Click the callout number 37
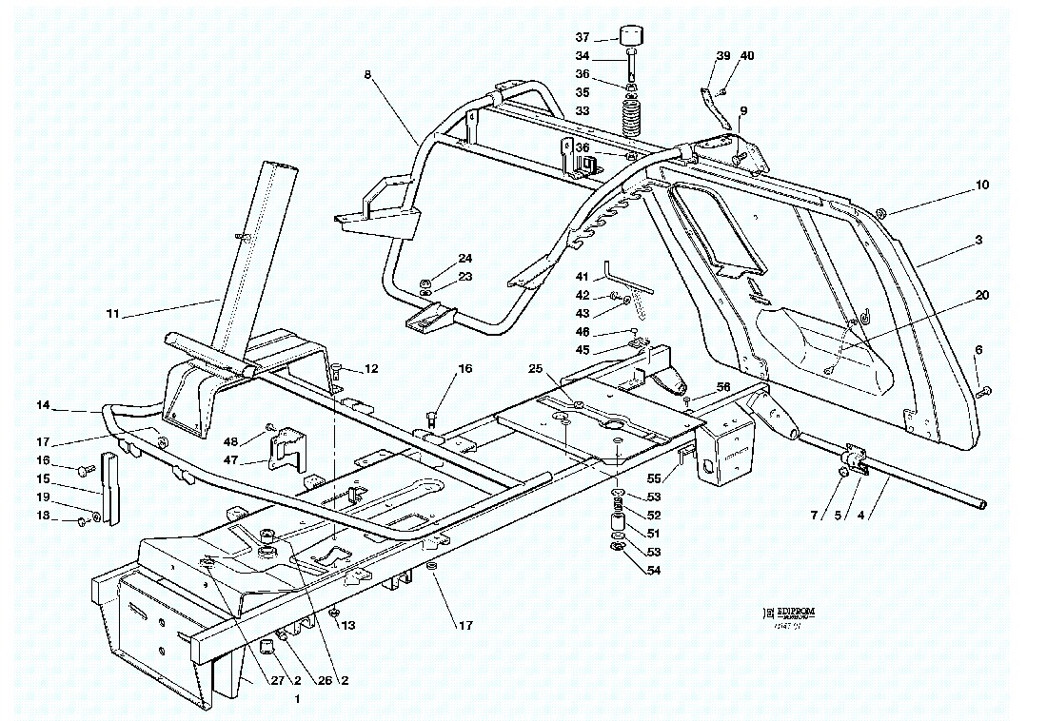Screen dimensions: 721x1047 (582, 37)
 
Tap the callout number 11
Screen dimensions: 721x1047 (113, 313)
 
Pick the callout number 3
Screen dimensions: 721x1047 (978, 242)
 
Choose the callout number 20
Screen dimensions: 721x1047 (982, 296)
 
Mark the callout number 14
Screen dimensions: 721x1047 (43, 405)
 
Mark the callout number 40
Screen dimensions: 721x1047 (747, 56)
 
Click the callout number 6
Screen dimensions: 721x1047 (978, 351)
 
